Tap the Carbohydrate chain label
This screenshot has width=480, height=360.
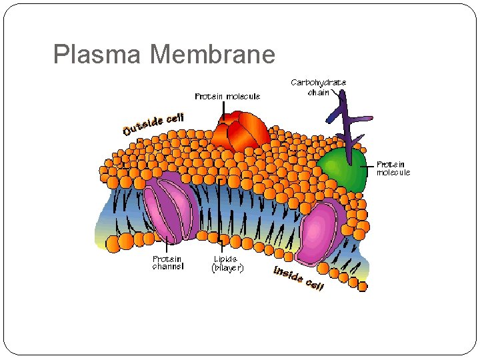point(318,87)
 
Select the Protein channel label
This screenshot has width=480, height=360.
point(168,263)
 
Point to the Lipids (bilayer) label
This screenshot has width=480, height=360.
point(227,263)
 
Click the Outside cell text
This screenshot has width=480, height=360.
point(153,124)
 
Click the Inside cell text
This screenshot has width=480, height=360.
point(299,278)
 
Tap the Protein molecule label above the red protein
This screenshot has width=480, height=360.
point(227,97)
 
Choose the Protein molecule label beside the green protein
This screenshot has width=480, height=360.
point(393,168)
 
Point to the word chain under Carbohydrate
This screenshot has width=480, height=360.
point(318,92)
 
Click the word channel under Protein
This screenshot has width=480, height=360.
point(168,267)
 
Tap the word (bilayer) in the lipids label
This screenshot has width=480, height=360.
point(227,267)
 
